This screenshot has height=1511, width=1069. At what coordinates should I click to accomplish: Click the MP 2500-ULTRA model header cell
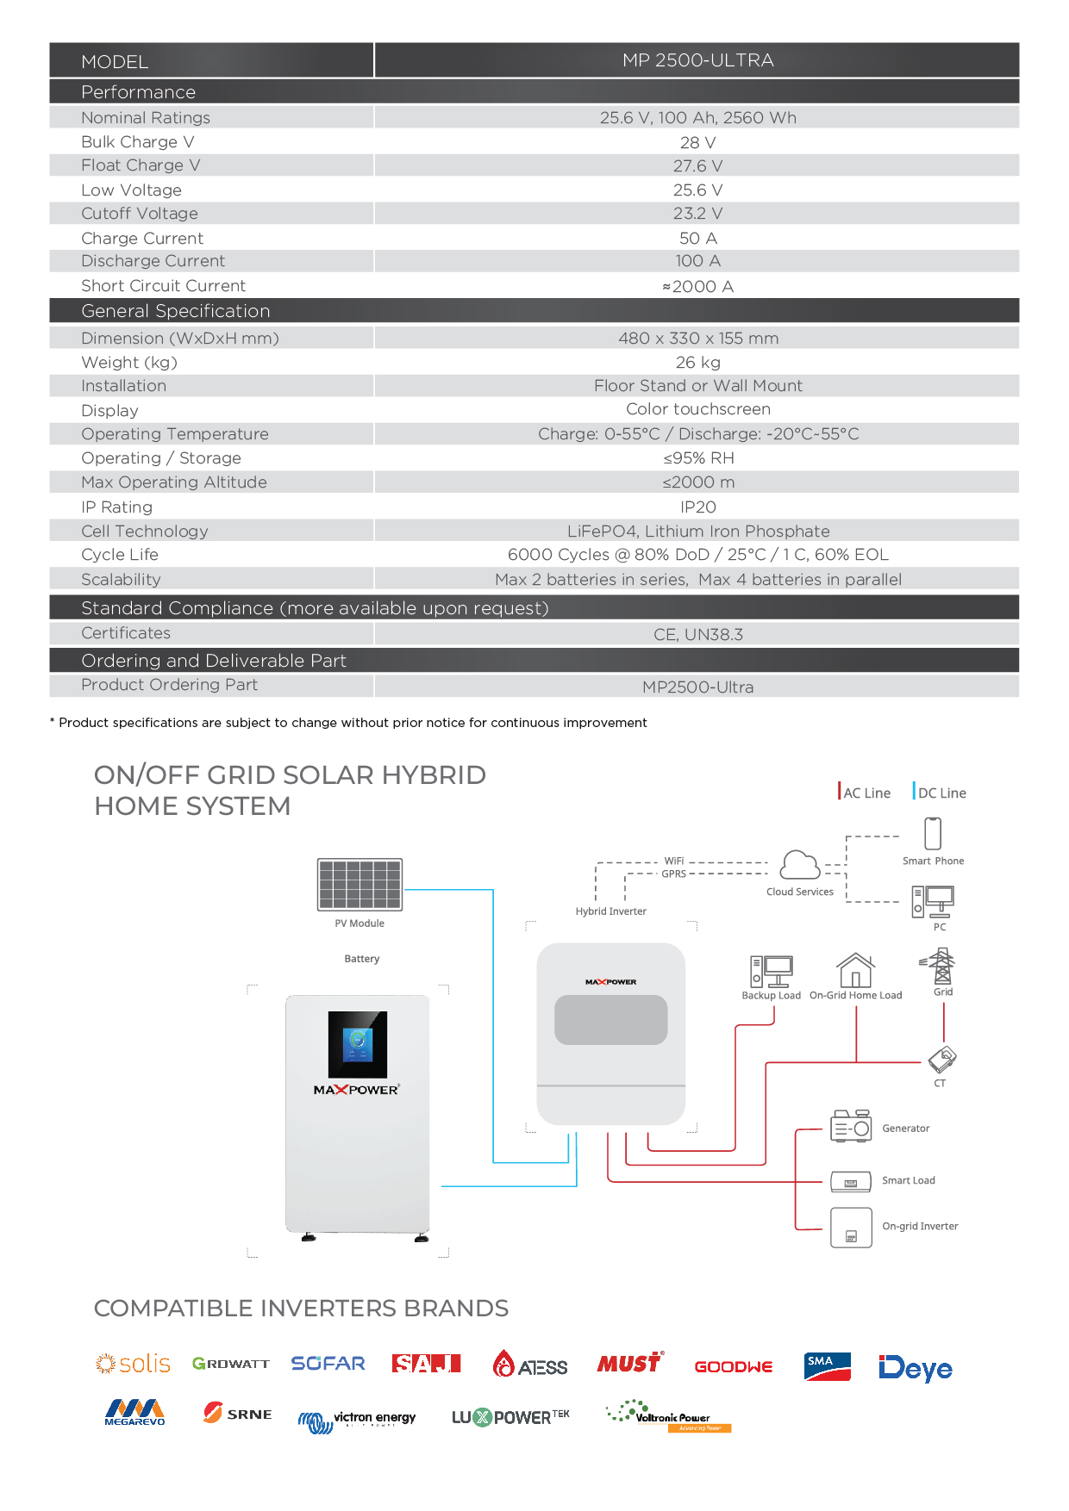(697, 60)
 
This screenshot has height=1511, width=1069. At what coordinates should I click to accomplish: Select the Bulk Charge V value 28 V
(697, 142)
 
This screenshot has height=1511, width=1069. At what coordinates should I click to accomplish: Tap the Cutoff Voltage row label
(140, 214)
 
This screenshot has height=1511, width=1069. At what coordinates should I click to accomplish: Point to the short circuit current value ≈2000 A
(697, 286)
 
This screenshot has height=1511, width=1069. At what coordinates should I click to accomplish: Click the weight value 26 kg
(697, 363)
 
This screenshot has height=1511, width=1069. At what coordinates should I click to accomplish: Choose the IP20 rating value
(697, 507)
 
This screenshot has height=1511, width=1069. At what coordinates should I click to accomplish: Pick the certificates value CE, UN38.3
(697, 635)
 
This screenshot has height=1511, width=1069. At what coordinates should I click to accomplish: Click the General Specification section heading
(176, 311)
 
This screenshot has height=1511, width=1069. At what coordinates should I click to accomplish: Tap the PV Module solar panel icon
(359, 884)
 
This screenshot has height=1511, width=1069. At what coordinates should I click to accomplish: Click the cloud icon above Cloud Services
(800, 865)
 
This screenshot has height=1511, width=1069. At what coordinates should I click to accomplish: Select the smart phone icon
(933, 833)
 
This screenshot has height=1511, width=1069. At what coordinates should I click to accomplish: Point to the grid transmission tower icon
(942, 966)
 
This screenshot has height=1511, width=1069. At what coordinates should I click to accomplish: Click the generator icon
(851, 1126)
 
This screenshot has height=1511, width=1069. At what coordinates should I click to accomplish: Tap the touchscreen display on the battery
(358, 1044)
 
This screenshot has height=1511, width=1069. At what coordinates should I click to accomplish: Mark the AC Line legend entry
(865, 792)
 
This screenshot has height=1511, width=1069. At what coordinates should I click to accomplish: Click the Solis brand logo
(133, 1364)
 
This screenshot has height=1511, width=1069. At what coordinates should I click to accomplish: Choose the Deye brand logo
(916, 1368)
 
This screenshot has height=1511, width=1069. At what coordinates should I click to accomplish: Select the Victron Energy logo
(357, 1420)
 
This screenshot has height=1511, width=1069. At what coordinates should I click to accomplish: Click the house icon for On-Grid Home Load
(855, 970)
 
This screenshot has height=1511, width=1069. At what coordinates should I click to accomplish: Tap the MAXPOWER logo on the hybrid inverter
(610, 982)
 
